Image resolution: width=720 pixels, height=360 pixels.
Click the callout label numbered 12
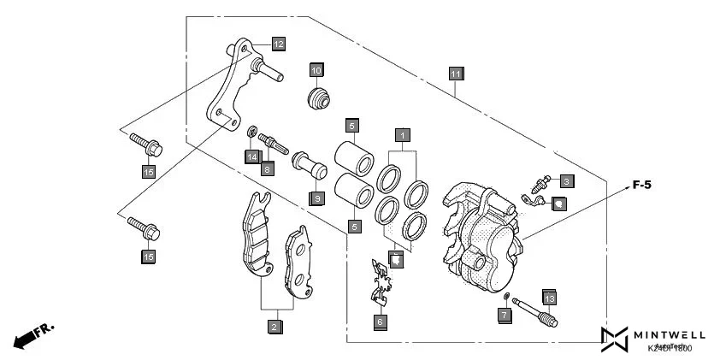point(279,43)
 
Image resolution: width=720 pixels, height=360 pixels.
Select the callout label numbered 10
point(316,69)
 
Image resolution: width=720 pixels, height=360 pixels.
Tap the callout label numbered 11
point(456,74)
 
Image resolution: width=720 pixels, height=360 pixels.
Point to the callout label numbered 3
point(567,180)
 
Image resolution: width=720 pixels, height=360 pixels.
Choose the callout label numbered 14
point(251,156)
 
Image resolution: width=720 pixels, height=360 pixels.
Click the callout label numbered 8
point(268,168)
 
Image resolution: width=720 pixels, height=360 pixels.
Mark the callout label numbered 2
point(274,327)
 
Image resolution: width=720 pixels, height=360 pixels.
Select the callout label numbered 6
point(381,322)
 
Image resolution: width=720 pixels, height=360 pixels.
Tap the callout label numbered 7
point(505,316)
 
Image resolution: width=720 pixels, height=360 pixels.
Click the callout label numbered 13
point(548,298)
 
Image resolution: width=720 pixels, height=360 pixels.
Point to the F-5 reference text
point(641,185)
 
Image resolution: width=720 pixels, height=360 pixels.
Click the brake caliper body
point(481,235)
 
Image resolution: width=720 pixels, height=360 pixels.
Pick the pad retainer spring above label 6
point(381,281)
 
